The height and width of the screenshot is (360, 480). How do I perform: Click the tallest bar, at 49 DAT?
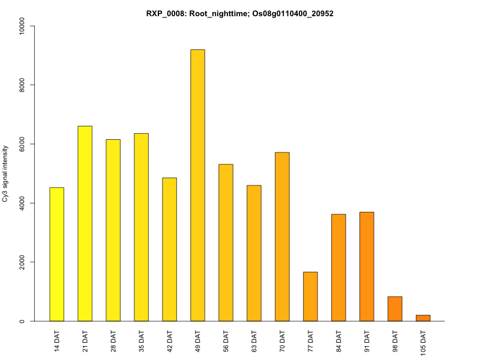click(x=197, y=185)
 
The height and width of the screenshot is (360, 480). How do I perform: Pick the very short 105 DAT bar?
click(x=423, y=318)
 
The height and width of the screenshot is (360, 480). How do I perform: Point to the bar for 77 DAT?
click(x=310, y=296)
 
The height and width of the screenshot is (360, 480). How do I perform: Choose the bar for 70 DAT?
click(x=282, y=236)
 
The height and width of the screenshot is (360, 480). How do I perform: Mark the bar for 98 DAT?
click(x=395, y=309)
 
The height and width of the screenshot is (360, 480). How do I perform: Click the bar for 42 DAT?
click(x=169, y=250)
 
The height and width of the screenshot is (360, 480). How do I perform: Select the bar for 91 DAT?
click(x=367, y=266)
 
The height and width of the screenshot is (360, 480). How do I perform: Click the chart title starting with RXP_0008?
click(x=240, y=13)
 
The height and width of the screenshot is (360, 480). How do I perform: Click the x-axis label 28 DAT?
click(x=113, y=340)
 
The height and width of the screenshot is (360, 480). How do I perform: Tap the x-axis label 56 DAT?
click(x=226, y=340)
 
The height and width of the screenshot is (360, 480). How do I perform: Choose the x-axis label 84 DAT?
click(x=339, y=340)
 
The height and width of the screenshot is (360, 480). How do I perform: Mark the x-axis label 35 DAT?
click(x=142, y=340)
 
